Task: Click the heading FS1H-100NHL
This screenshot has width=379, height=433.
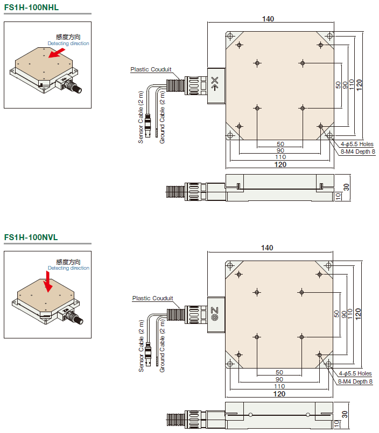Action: pyautogui.click(x=31, y=7)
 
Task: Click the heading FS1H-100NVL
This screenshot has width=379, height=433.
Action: pyautogui.click(x=31, y=237)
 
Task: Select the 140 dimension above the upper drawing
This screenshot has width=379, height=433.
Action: pyautogui.click(x=268, y=19)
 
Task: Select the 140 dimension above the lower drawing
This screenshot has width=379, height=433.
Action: pyautogui.click(x=268, y=248)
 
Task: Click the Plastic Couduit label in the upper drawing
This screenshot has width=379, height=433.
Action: pyautogui.click(x=151, y=69)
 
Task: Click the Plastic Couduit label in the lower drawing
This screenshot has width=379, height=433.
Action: pyautogui.click(x=152, y=298)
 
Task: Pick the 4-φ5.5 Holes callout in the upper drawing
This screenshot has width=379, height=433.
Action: pyautogui.click(x=356, y=144)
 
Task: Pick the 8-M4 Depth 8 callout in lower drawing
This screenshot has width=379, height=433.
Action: pyautogui.click(x=355, y=381)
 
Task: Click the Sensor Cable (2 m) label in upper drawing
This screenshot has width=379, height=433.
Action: pyautogui.click(x=141, y=121)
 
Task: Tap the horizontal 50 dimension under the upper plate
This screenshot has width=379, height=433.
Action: pyautogui.click(x=280, y=144)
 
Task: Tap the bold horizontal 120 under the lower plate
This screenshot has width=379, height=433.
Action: pyautogui.click(x=280, y=394)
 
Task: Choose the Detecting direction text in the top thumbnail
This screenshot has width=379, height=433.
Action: pyautogui.click(x=68, y=44)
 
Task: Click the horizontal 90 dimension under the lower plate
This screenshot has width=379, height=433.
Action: pyautogui.click(x=280, y=379)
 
